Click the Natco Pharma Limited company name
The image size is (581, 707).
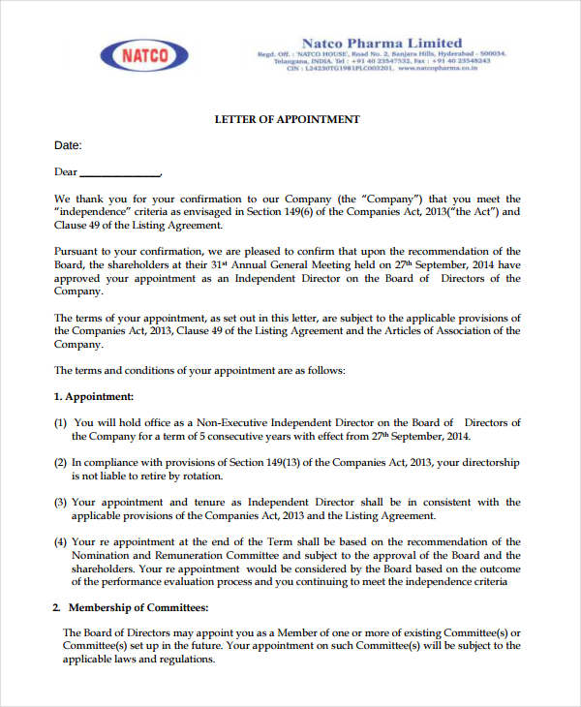tap(382, 43)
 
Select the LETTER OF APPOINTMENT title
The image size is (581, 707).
tap(287, 119)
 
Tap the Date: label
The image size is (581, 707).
tap(68, 146)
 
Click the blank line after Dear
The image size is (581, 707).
tap(120, 173)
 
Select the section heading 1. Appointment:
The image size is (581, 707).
tap(94, 396)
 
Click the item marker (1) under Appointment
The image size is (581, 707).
tap(61, 422)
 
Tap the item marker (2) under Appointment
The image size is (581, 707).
tap(61, 463)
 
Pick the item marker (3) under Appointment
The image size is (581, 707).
tap(61, 502)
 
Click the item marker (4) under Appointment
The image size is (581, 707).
tap(61, 541)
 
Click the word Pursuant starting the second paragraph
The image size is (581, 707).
tap(77, 251)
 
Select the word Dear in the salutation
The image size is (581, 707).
tap(65, 172)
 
